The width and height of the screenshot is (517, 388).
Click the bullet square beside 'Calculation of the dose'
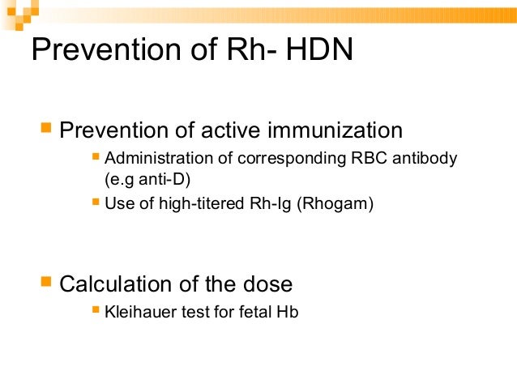pyautogui.click(x=46, y=283)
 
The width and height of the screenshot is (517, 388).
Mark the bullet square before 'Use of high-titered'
pyautogui.click(x=96, y=203)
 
